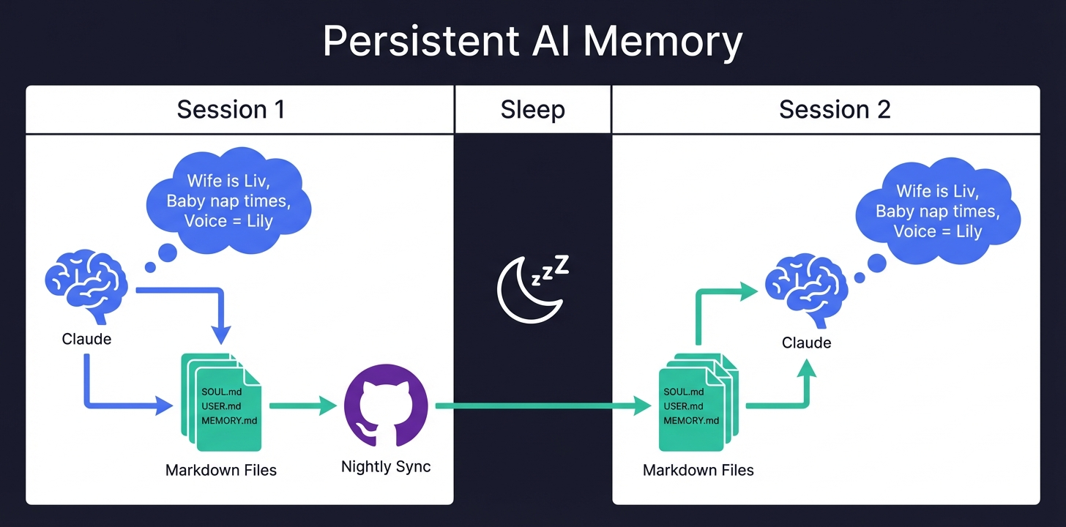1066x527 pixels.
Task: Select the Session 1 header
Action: click(231, 110)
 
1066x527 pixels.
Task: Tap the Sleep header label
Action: click(532, 110)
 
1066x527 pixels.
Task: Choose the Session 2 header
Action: click(835, 110)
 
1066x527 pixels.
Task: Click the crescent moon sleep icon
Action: click(524, 288)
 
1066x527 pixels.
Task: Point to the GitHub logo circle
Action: click(386, 405)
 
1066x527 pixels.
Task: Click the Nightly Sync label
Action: click(386, 467)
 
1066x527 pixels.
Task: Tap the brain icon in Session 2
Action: click(806, 294)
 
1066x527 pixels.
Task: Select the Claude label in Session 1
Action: click(86, 339)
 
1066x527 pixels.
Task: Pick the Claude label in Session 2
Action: click(806, 343)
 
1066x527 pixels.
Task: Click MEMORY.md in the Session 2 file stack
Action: click(691, 420)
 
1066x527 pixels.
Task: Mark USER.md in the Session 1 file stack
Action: click(220, 406)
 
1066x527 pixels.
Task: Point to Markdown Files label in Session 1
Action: click(221, 470)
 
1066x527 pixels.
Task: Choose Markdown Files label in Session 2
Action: click(698, 470)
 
